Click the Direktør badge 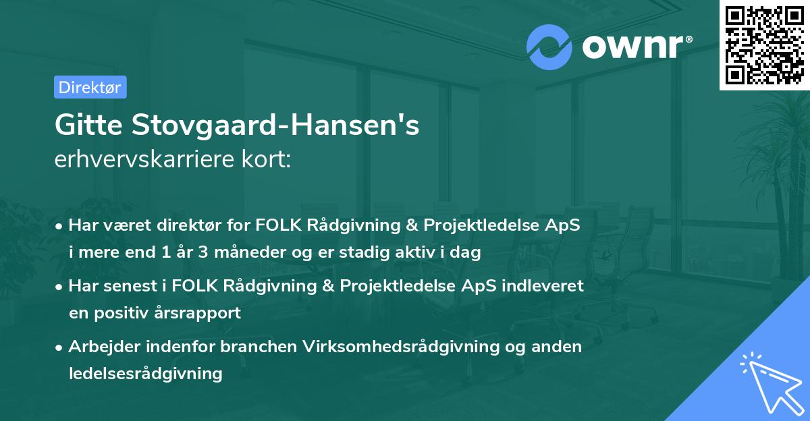90,87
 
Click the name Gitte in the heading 88,126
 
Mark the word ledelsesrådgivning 145,373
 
